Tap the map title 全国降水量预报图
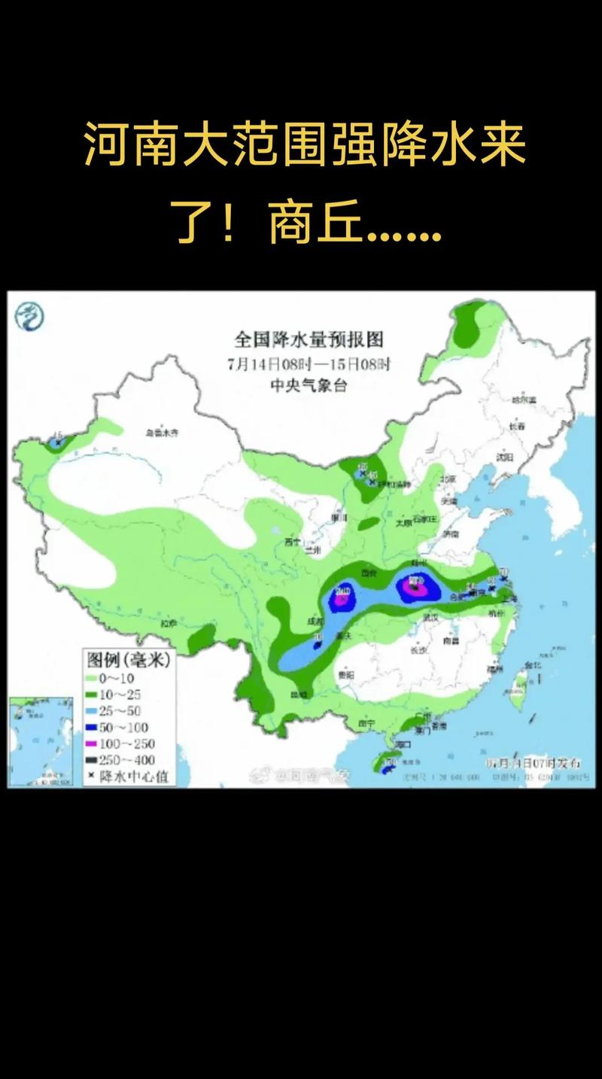309,339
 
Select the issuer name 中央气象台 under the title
309,385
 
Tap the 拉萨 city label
168,623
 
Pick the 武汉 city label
430,617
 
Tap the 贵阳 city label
346,676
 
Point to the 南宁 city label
367,723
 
